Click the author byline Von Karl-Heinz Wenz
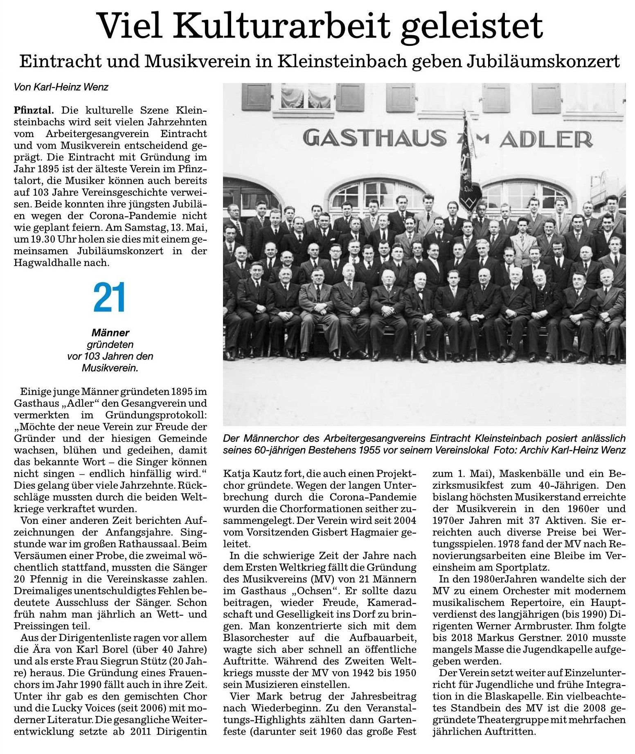(61, 87)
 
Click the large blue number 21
(109, 298)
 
